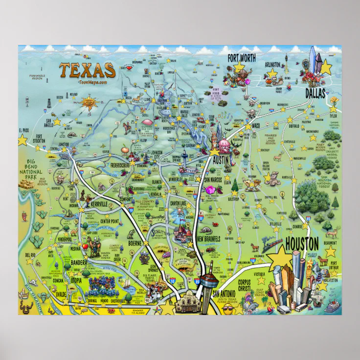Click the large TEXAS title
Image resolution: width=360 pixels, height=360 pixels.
coord(88,70)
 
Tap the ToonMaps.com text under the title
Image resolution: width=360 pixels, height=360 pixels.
coord(89,82)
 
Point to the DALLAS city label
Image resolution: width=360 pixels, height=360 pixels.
coord(315,93)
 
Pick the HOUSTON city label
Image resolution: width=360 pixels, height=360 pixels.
coord(301,243)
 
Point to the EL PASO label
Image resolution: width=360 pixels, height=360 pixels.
coord(23,131)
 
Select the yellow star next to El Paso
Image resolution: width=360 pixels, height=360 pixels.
coord(22,141)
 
